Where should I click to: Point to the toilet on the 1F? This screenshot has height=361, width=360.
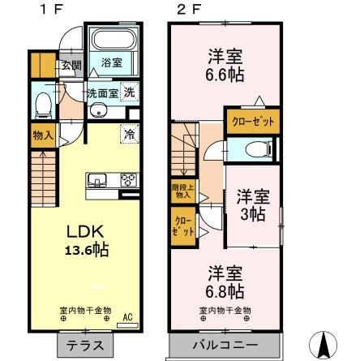45,105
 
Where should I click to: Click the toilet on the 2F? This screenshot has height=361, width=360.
248,148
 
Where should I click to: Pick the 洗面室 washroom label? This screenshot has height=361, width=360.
103,92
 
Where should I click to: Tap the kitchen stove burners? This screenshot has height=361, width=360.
127,179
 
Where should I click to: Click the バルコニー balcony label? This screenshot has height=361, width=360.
225,344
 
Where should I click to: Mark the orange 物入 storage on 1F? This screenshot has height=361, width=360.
38,135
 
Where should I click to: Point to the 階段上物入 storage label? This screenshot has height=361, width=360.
181,191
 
